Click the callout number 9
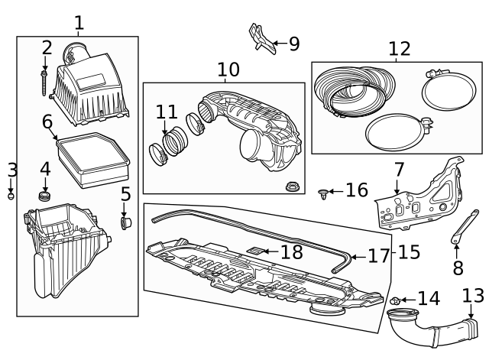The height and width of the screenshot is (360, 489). (294, 44)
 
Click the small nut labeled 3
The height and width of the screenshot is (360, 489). (11, 196)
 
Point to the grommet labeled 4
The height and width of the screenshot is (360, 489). (45, 198)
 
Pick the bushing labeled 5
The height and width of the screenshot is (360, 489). (125, 222)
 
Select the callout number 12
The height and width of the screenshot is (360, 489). (399, 49)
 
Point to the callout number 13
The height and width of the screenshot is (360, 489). (473, 295)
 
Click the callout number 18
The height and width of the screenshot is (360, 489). (291, 251)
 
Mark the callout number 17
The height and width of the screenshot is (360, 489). (378, 255)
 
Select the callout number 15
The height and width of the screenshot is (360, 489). (409, 251)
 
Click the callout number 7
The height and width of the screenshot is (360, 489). (399, 169)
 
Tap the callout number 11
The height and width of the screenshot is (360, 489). (166, 112)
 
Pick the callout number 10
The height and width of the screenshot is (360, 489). (228, 70)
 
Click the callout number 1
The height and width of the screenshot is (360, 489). (79, 23)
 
